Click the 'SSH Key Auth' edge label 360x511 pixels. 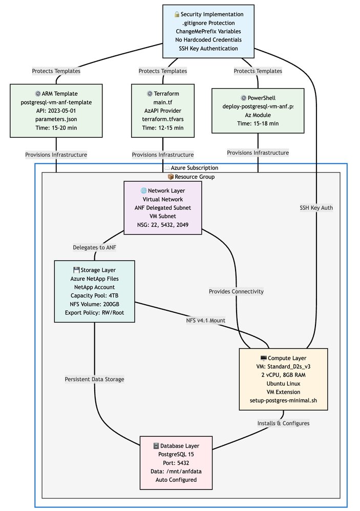(316, 207)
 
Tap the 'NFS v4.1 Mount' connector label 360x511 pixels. (206, 321)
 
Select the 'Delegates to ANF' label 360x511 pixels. (95, 247)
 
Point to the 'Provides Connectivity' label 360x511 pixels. (236, 291)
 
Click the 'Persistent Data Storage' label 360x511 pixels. (94, 379)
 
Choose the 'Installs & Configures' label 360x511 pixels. (283, 423)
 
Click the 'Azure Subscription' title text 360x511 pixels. (190, 167)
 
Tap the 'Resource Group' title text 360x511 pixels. (190, 177)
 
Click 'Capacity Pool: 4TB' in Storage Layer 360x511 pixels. (94, 295)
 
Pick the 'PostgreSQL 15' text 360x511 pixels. (176, 454)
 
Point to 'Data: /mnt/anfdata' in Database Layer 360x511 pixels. (176, 471)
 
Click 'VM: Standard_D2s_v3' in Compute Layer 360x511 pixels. (283, 366)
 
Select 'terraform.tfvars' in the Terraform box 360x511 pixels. (162, 119)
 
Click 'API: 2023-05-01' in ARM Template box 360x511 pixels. (56, 111)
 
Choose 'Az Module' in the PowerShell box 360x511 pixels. (258, 115)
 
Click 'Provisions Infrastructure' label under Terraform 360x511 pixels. (162, 154)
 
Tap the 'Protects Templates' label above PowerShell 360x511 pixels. (258, 71)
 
